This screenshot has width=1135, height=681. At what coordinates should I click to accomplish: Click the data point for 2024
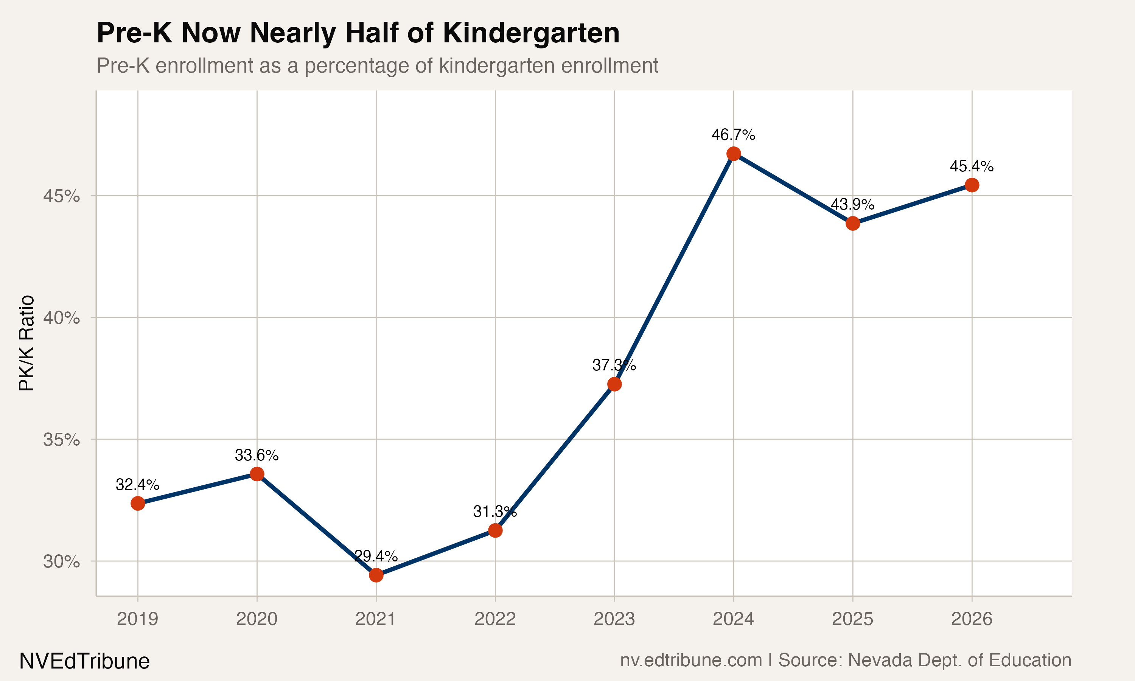click(x=734, y=154)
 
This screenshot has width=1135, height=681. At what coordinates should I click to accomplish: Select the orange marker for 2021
click(x=376, y=575)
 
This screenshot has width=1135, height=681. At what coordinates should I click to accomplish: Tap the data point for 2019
click(x=138, y=504)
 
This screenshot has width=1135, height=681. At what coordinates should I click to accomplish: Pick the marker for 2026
click(x=972, y=185)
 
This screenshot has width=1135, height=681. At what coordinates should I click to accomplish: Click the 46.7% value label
click(x=733, y=135)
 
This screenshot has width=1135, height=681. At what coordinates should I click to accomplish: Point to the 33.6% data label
click(x=257, y=455)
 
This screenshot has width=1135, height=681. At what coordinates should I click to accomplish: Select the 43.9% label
click(x=852, y=204)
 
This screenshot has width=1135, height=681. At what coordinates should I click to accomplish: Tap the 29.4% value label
click(x=376, y=556)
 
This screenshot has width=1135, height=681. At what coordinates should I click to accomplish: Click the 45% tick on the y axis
click(x=61, y=196)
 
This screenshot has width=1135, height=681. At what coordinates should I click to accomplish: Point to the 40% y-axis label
click(x=61, y=317)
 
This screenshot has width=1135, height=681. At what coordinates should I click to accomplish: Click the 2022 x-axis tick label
click(x=495, y=619)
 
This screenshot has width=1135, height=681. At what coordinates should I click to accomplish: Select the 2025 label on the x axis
click(x=852, y=619)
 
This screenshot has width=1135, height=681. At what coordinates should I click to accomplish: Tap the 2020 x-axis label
click(x=257, y=619)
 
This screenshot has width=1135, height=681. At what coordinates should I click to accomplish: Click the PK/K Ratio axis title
click(x=26, y=343)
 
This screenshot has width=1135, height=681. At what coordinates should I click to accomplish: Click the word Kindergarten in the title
click(x=531, y=33)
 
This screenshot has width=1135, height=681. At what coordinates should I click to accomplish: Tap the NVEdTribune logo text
click(x=84, y=661)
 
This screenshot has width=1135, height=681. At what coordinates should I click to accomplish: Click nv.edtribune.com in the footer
click(x=691, y=660)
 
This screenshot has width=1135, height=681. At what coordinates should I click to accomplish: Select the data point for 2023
click(x=614, y=384)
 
